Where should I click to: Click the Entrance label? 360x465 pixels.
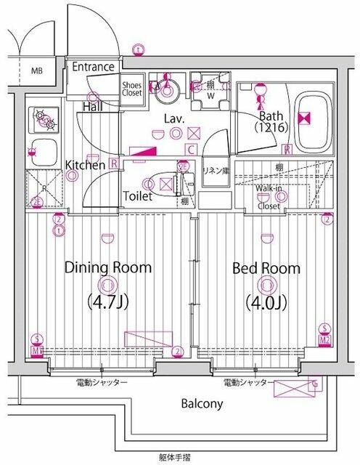(x=94, y=67)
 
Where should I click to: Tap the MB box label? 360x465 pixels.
(x=36, y=71)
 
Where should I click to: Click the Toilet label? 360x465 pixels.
(x=137, y=195)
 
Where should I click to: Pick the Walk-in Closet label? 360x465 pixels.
(x=269, y=197)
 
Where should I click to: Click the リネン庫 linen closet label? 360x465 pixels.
(x=216, y=170)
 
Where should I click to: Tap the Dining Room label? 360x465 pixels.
(x=109, y=267)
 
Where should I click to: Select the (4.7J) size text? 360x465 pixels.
(x=108, y=300)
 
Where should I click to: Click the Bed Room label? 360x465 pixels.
(x=266, y=268)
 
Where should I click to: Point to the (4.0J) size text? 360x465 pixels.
(x=266, y=300)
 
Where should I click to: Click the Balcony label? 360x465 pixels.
(x=202, y=404)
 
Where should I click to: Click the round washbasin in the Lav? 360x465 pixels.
(x=168, y=90)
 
